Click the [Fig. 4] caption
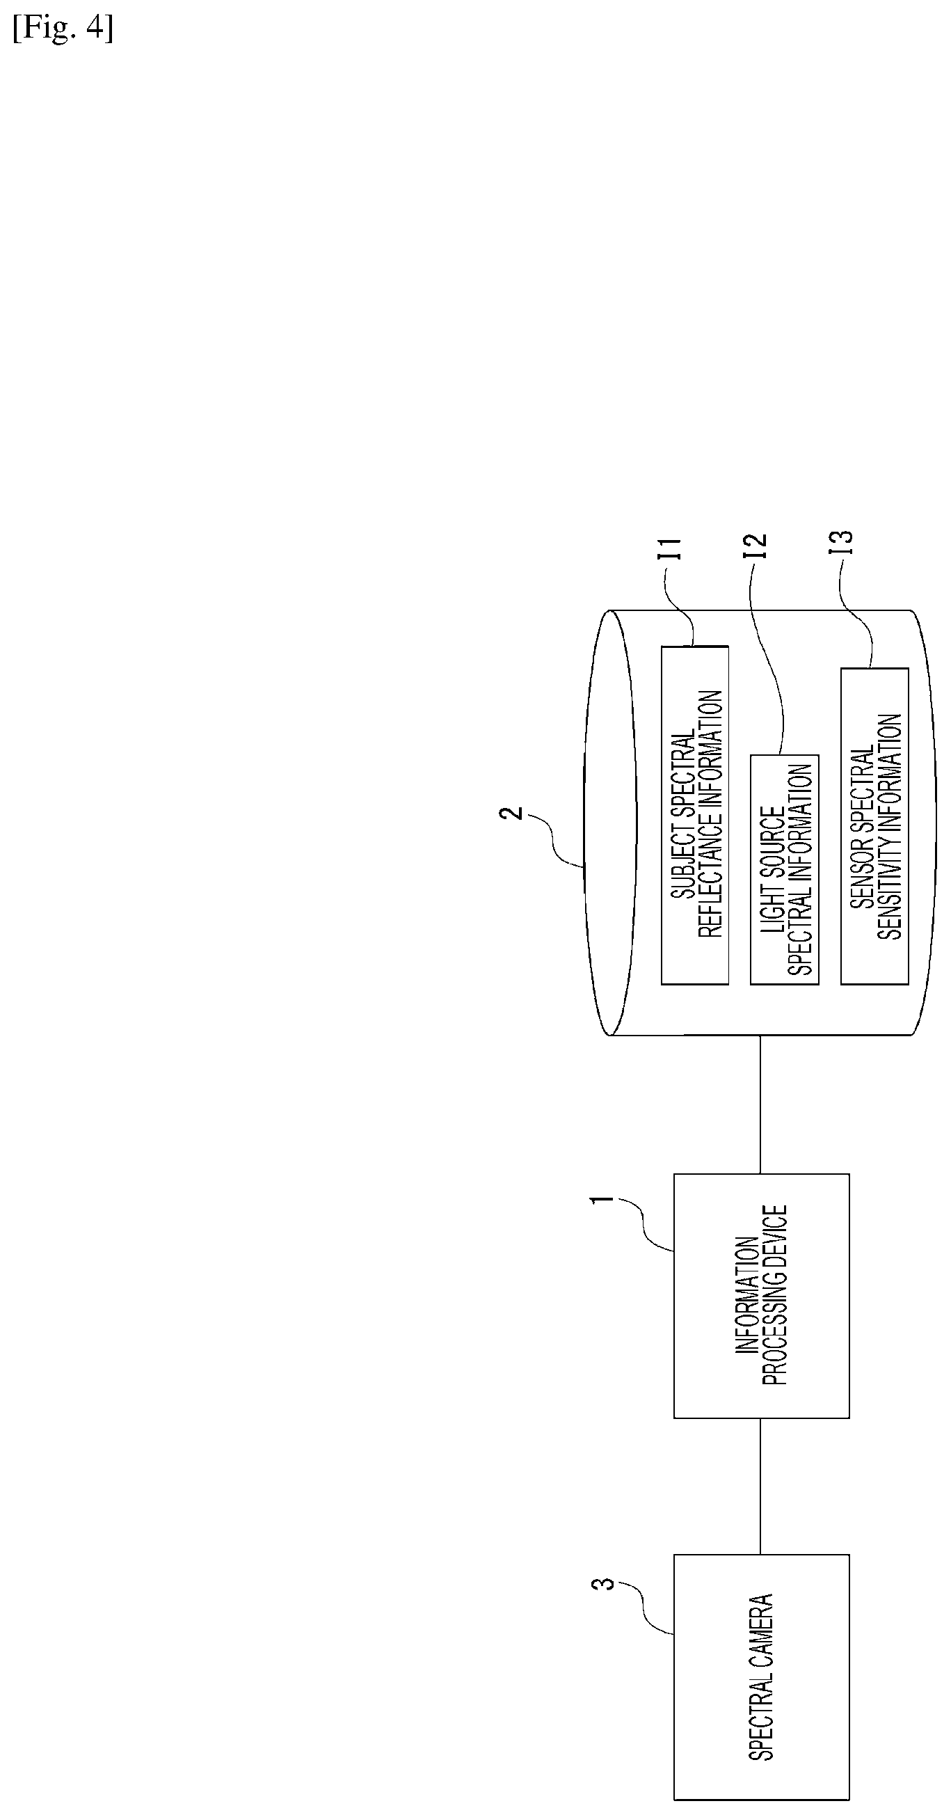(63, 31)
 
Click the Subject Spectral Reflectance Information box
(694, 814)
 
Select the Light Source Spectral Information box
(785, 869)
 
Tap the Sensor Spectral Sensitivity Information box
(875, 826)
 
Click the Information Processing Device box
(762, 1296)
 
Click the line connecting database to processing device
(760, 1104)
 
